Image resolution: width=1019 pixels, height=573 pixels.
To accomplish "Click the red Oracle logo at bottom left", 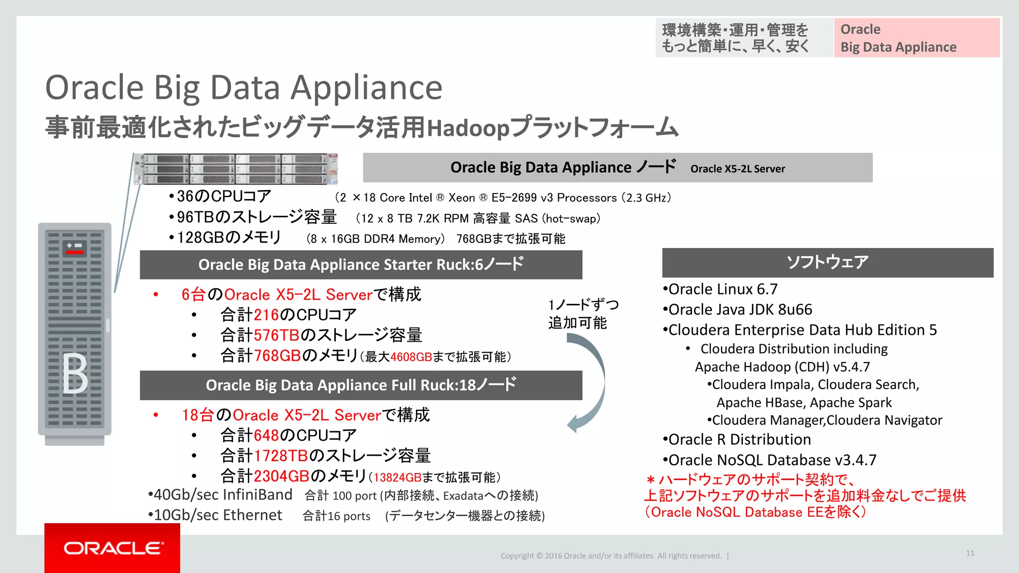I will pos(112,548).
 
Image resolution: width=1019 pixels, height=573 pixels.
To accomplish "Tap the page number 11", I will pos(970,553).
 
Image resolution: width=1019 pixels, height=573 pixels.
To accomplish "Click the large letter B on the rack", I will pos(75,374).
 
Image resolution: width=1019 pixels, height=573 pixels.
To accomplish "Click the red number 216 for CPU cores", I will pos(266,315).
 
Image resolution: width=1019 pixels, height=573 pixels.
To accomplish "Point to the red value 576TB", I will pos(277,335).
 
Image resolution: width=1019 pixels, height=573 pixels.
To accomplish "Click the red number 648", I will pos(266,435).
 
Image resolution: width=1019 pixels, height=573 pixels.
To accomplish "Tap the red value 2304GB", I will pos(282,476).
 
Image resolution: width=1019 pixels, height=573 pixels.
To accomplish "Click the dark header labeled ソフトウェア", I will pos(827,262).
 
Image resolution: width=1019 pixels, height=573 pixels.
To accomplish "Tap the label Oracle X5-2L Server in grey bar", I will pos(737,169).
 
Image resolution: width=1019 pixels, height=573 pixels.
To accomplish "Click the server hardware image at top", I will pos(236,169).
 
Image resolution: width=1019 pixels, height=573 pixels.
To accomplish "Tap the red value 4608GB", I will pos(411,357).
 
